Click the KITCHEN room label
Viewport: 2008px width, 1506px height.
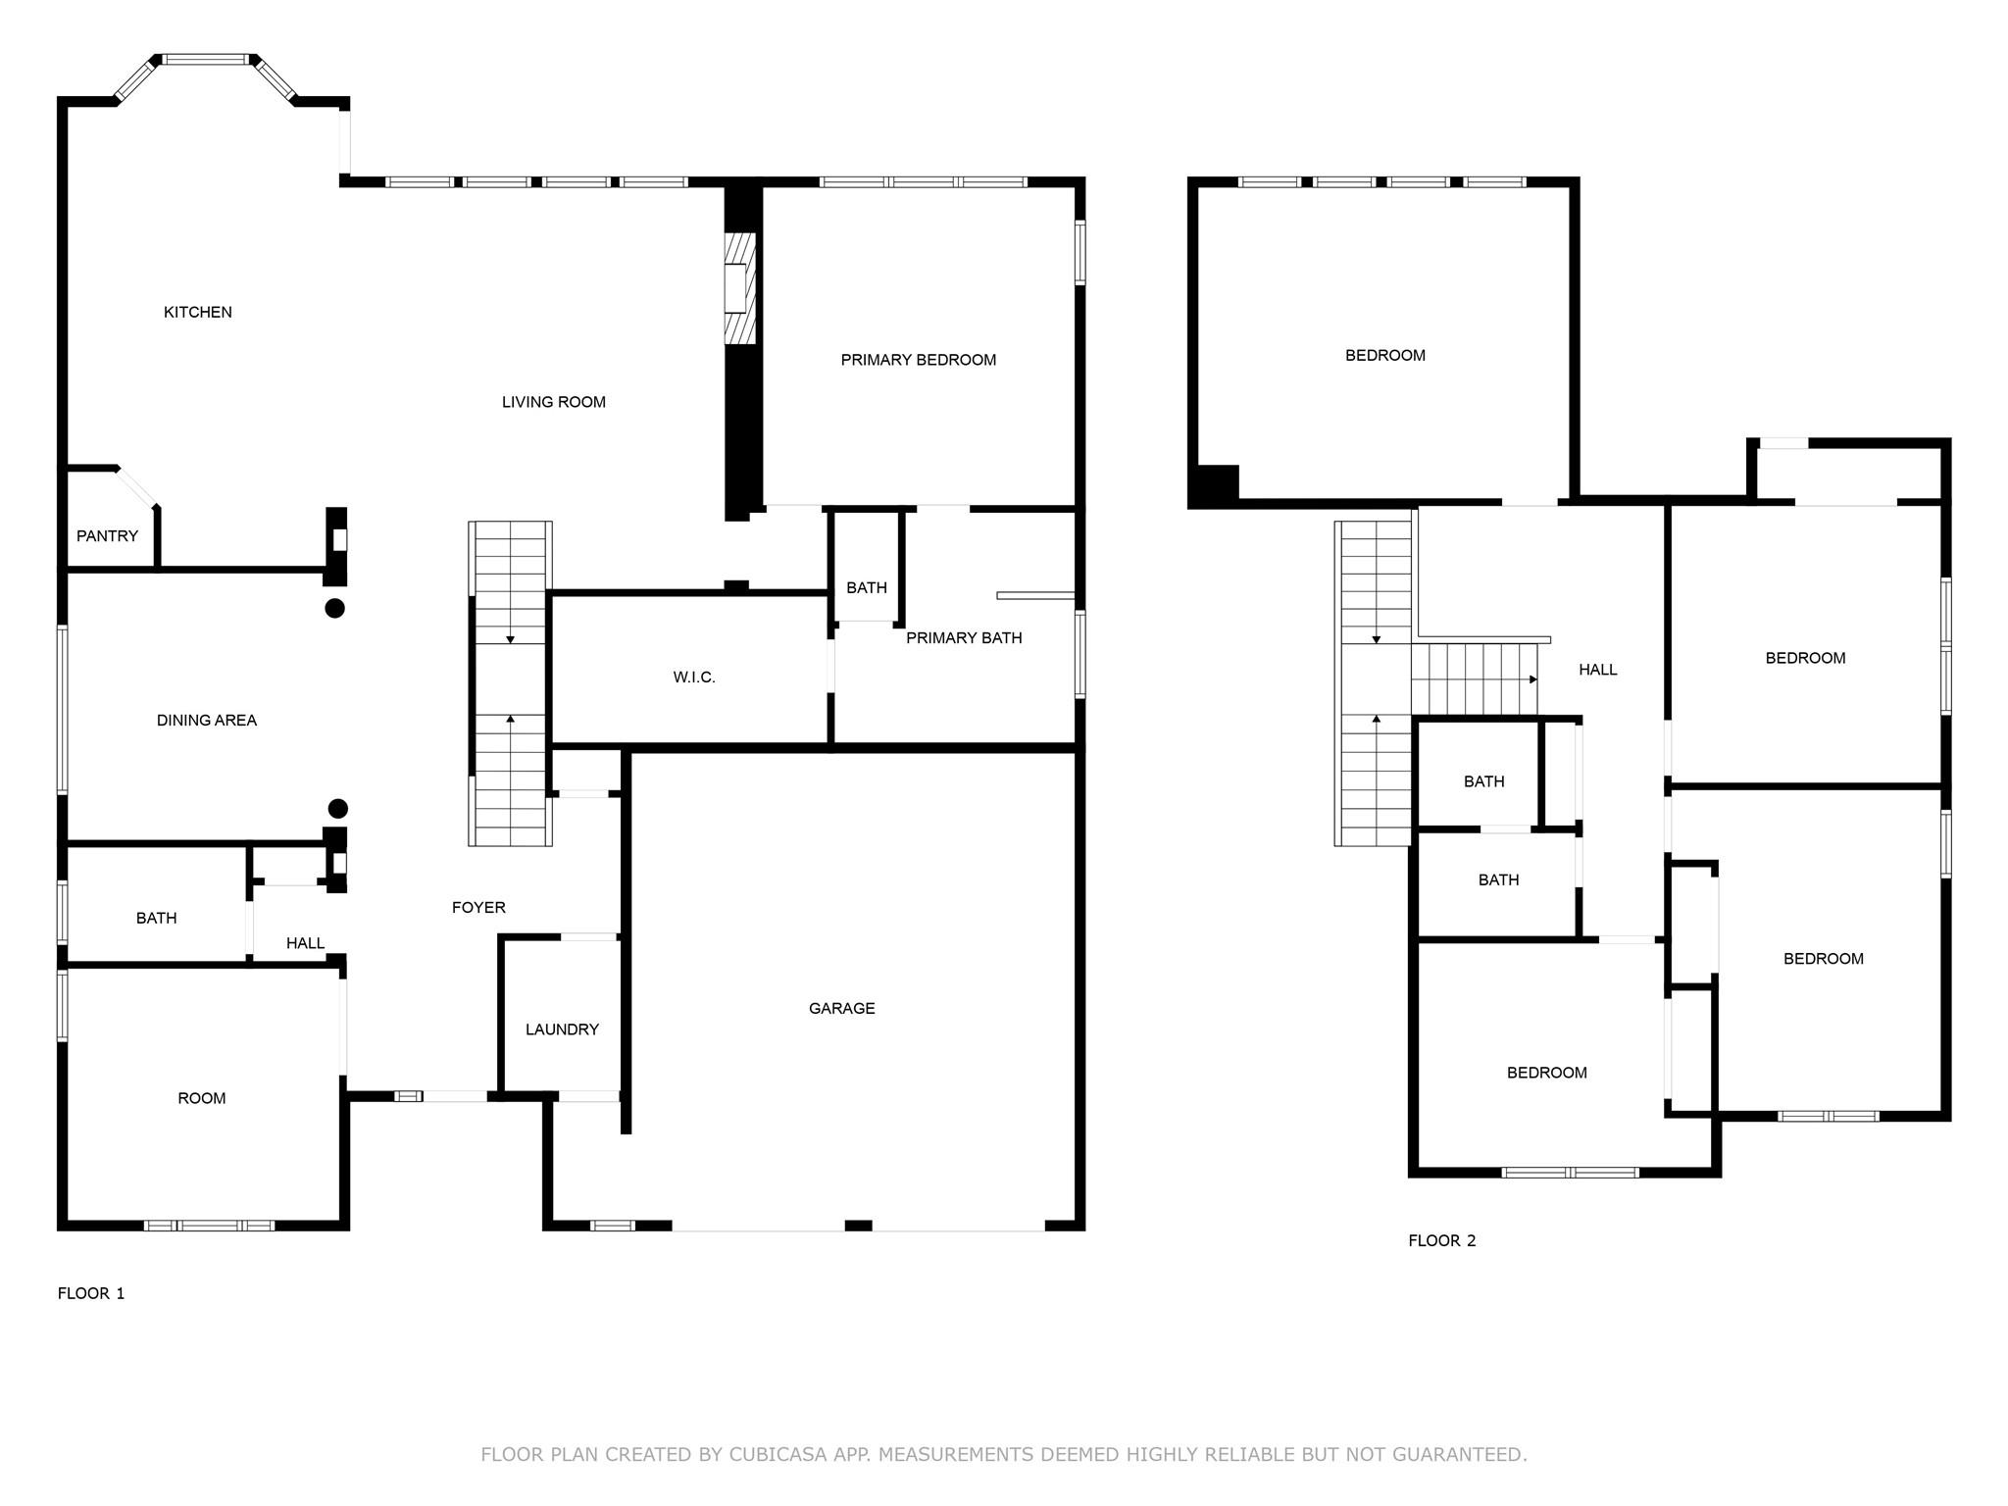click(197, 312)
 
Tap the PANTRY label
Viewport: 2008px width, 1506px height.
click(107, 535)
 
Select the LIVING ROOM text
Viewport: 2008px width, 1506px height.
click(553, 402)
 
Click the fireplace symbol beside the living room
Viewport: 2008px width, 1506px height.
click(739, 288)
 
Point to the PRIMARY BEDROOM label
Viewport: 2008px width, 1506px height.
click(918, 360)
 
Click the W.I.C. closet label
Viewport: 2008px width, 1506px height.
click(693, 678)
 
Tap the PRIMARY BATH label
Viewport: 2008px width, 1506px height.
click(963, 638)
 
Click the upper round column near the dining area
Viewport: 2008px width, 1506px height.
click(334, 608)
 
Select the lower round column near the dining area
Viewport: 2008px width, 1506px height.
click(337, 809)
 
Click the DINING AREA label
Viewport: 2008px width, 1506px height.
click(206, 720)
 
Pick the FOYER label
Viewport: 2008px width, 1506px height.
click(478, 908)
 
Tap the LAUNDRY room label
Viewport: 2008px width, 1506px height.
click(561, 1029)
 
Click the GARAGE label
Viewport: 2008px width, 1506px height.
click(841, 1008)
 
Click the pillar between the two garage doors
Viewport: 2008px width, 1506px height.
click(858, 1226)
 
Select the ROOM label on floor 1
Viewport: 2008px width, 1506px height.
click(201, 1098)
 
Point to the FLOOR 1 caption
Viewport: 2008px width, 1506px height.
click(91, 1293)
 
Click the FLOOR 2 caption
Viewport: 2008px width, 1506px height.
click(1441, 1240)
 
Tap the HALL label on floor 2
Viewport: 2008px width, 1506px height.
click(1597, 670)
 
